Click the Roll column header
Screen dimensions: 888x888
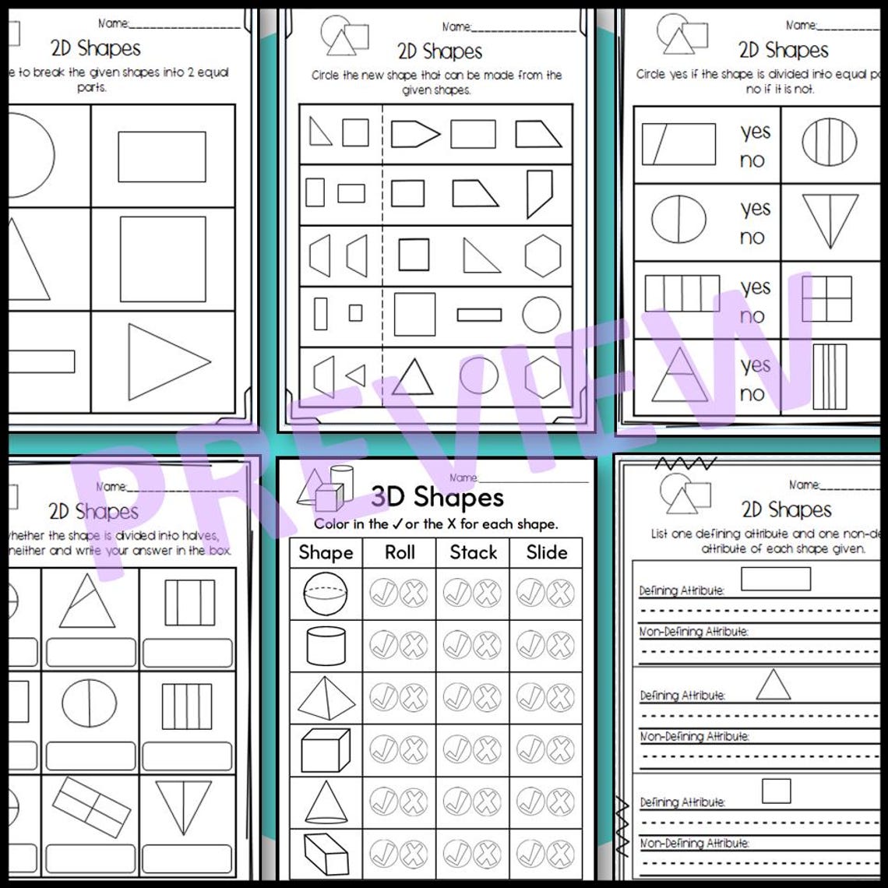coord(400,552)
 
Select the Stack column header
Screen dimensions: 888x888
coord(473,552)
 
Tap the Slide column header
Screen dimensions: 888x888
coord(546,552)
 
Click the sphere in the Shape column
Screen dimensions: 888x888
coord(326,594)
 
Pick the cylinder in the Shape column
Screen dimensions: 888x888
coord(326,646)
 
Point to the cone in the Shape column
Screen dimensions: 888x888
coord(326,802)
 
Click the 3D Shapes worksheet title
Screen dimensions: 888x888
coord(437,497)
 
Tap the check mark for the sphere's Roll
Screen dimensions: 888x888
coord(384,594)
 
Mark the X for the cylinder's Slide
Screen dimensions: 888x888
coord(560,646)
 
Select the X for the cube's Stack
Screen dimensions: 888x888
coord(487,750)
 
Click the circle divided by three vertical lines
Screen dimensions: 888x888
coord(829,142)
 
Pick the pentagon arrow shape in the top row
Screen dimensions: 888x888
coord(415,134)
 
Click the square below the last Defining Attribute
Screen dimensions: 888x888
coord(776,791)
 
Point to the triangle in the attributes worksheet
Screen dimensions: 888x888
coord(773,685)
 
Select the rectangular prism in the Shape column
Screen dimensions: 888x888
coord(326,854)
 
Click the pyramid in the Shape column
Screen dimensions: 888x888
coord(326,698)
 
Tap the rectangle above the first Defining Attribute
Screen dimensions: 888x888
coord(776,579)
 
